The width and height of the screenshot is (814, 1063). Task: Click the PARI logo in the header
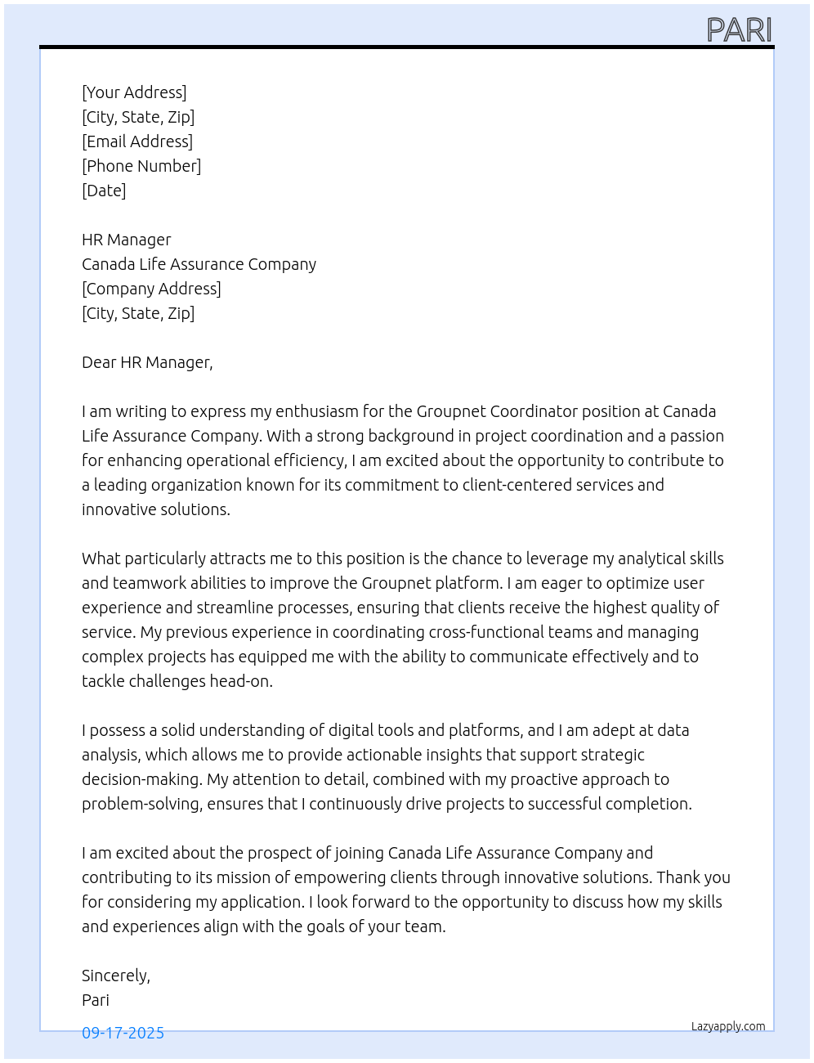pos(739,30)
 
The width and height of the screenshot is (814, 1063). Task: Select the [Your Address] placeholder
pos(134,92)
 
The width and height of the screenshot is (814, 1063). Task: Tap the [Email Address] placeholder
pos(137,141)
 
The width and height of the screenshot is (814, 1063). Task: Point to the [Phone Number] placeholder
pos(141,166)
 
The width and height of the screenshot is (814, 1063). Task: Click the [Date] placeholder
pos(104,191)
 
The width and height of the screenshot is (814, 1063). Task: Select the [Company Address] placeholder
pos(151,289)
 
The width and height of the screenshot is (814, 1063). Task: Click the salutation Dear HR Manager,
pos(147,362)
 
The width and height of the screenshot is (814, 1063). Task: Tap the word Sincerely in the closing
pos(114,976)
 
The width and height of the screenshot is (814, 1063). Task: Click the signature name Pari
pos(96,1000)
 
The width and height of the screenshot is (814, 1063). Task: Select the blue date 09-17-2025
pos(123,1033)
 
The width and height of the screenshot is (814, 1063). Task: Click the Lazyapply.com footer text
pos(728,1026)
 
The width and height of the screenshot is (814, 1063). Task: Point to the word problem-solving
pos(141,804)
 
